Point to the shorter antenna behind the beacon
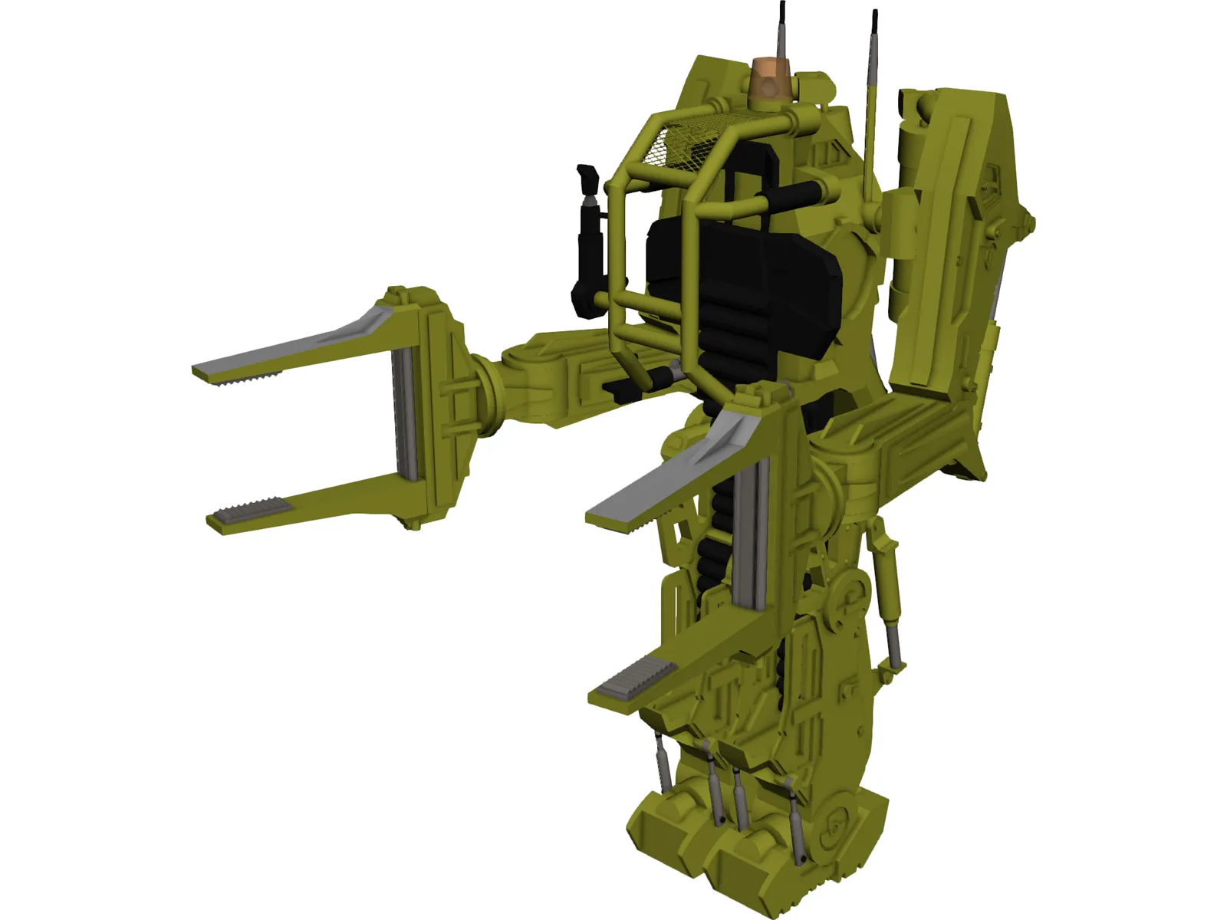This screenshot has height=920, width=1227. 782,31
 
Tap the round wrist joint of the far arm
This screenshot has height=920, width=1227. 491,391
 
